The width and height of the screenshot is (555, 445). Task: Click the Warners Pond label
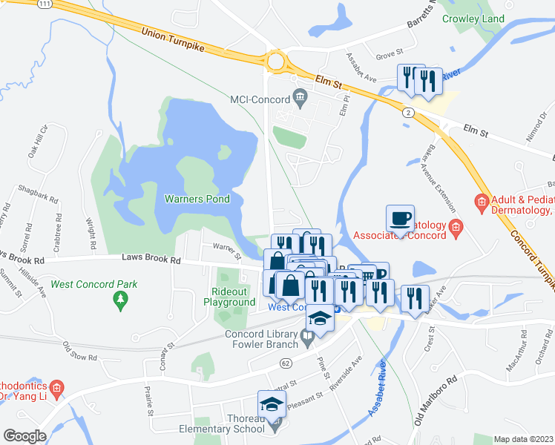197,199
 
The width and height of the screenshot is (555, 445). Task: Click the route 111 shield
46,4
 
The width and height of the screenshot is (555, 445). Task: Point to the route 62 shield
284,363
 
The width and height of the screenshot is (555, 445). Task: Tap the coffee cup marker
401,219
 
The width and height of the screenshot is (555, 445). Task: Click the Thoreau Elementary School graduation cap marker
272,405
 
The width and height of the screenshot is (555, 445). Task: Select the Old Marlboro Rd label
441,406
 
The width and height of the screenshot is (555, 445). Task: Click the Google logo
24,435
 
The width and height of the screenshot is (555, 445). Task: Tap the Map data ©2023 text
524,439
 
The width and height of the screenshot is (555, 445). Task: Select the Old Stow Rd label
79,352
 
